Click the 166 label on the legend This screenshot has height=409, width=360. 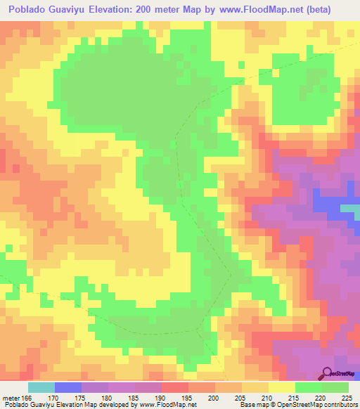[x=26, y=397]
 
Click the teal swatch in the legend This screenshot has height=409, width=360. [x=41, y=387]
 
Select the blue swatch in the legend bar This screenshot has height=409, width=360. [x=68, y=387]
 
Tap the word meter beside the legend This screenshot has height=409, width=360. [x=10, y=397]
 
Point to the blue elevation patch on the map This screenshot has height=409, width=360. [x=325, y=203]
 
